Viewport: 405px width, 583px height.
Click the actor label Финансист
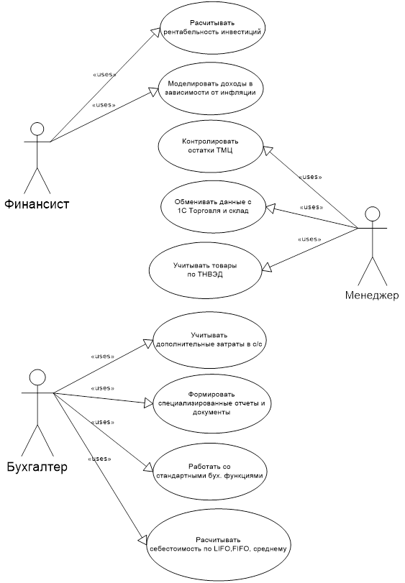click(x=37, y=203)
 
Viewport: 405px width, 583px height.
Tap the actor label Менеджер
click(x=372, y=295)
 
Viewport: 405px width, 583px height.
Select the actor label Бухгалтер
click(x=37, y=467)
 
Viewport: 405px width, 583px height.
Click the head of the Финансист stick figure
click(x=37, y=129)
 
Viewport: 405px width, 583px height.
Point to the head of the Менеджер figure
click(x=373, y=214)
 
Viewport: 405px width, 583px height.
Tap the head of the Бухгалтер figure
click(x=37, y=377)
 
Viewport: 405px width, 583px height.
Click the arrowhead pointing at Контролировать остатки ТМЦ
click(x=267, y=150)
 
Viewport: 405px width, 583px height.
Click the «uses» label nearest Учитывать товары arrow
click(x=309, y=239)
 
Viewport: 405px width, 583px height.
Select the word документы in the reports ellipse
click(x=211, y=413)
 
